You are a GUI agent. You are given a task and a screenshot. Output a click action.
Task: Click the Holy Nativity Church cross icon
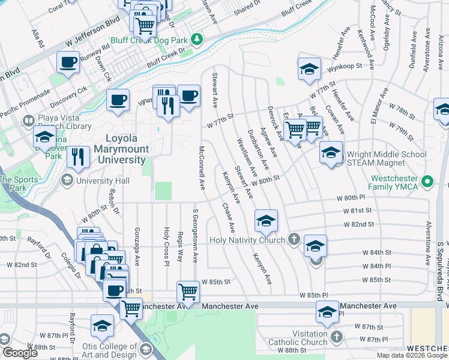(x=294, y=240)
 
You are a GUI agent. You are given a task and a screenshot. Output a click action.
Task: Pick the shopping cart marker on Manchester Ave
(x=188, y=292)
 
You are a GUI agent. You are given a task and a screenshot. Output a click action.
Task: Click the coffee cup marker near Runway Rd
(x=68, y=61)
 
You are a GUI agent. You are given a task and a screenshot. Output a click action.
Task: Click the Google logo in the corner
(x=19, y=353)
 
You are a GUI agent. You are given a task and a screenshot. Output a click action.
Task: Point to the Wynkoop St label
(x=346, y=67)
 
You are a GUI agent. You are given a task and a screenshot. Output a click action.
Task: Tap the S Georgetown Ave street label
(x=195, y=235)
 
